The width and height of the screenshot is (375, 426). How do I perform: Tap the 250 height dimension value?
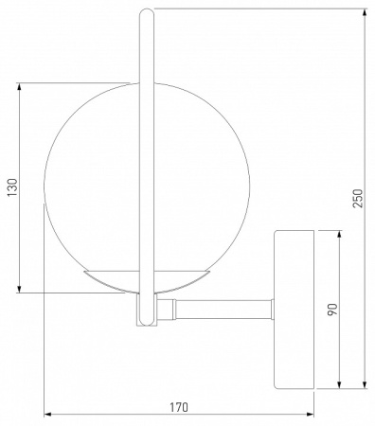[357, 198]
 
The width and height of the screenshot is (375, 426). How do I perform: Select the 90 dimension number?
[332, 310]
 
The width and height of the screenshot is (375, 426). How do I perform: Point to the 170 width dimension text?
[178, 407]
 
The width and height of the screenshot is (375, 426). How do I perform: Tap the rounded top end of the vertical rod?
[146, 12]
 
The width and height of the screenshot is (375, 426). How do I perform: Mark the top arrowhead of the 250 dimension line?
[365, 14]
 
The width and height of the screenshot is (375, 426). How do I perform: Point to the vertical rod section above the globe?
[146, 47]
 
